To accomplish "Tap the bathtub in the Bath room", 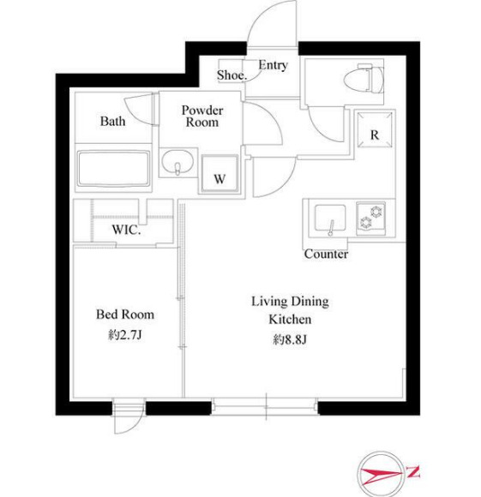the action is (113, 168).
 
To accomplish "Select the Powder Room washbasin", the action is (177, 162).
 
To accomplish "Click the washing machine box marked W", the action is (219, 173).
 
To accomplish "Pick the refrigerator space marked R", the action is (375, 129).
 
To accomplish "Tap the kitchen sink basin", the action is (330, 218).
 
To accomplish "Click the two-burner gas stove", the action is (370, 218).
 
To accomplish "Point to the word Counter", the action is (326, 254).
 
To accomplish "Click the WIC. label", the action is (126, 230).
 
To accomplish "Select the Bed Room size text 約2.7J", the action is (124, 335).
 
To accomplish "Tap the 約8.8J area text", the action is (290, 340).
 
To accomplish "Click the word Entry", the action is (273, 65).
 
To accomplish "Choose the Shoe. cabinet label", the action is (231, 75).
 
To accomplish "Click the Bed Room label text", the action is (125, 314).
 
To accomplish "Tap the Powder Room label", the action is (202, 116).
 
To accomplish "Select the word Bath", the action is (112, 121).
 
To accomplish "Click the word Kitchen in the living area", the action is (290, 319).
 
